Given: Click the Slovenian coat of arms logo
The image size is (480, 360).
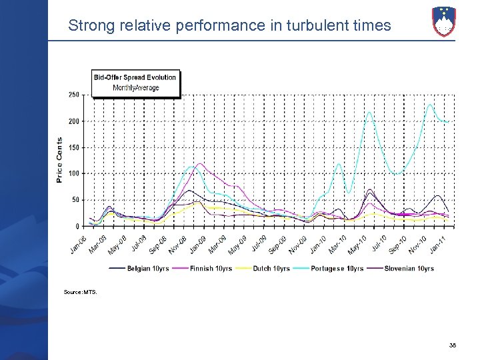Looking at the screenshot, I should point(443,21).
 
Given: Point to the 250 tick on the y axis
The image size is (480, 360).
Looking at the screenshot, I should point(74,95).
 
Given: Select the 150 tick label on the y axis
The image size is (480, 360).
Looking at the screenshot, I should point(74,147).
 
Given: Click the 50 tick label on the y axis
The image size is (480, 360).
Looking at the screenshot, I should point(76,200).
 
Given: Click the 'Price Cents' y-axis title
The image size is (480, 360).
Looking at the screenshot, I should point(59,160).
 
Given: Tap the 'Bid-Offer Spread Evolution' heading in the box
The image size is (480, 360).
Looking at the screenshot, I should point(135,77).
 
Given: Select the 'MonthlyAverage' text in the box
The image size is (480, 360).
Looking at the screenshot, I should point(135,87).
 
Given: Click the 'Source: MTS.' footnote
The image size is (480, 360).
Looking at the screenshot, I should point(80,292).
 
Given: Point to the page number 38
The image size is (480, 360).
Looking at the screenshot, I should point(453,345).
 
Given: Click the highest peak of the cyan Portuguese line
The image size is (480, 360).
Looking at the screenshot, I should point(431,105).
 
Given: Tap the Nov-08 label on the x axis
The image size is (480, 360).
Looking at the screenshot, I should point(178,244).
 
